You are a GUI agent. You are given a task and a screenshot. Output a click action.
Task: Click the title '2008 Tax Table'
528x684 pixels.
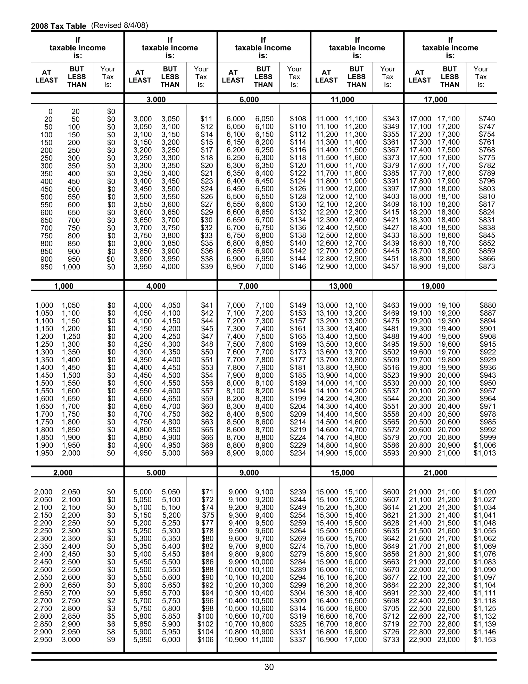(x=59, y=26)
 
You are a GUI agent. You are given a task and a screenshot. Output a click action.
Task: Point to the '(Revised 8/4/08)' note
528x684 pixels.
(x=119, y=25)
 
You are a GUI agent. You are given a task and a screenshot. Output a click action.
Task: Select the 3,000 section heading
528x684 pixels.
(x=156, y=100)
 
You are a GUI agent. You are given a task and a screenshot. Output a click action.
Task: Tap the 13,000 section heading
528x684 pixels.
(x=340, y=286)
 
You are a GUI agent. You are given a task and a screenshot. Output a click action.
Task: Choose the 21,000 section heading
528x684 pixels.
(x=435, y=473)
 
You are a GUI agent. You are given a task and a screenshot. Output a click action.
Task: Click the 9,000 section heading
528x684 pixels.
(x=249, y=473)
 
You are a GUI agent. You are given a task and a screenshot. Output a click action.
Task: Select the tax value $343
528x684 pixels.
(x=391, y=119)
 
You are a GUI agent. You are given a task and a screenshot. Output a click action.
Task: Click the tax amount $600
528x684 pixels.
(x=391, y=492)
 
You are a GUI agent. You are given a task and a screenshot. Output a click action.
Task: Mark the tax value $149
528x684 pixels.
(x=298, y=305)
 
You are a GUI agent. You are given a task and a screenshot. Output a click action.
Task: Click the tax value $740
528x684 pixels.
(x=487, y=119)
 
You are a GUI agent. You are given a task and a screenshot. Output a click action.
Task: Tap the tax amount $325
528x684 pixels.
(x=298, y=624)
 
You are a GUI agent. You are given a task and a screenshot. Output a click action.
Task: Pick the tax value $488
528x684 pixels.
(x=391, y=336)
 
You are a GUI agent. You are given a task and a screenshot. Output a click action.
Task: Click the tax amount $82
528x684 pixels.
(x=207, y=546)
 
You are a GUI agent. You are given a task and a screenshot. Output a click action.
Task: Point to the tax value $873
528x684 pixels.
(x=487, y=267)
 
